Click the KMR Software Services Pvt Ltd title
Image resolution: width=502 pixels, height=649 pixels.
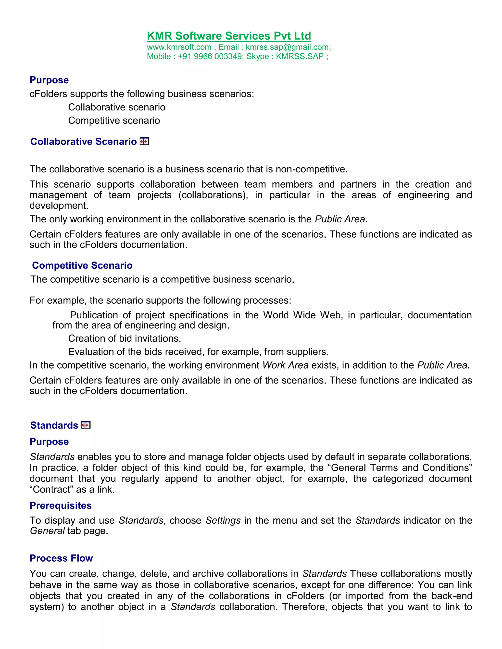click(x=229, y=36)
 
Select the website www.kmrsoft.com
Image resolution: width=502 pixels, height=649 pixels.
click(x=179, y=47)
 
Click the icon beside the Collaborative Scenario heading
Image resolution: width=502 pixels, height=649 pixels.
click(x=144, y=142)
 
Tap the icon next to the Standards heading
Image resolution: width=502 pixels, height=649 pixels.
click(x=86, y=425)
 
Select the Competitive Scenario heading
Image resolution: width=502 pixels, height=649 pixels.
click(x=82, y=265)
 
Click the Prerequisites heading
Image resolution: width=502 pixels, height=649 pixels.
click(x=61, y=505)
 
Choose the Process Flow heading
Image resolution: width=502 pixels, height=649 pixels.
click(x=61, y=558)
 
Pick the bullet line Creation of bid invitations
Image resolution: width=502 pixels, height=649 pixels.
click(x=124, y=338)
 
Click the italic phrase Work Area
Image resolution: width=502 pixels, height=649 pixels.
click(x=286, y=365)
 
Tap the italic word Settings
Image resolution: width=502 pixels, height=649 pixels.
click(x=223, y=521)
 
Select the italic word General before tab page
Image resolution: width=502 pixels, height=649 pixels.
click(x=47, y=531)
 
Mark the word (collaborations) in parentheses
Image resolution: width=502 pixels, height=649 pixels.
click(x=213, y=195)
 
